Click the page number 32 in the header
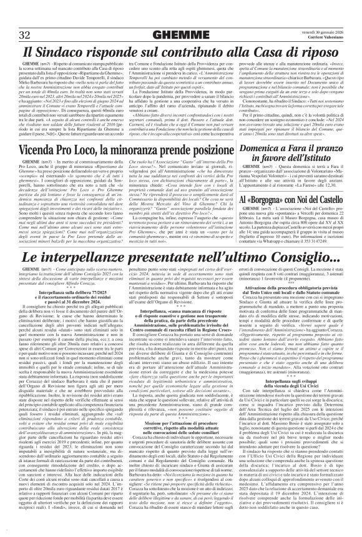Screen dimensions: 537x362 [26, 34]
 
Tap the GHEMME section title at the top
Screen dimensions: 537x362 [181, 34]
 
